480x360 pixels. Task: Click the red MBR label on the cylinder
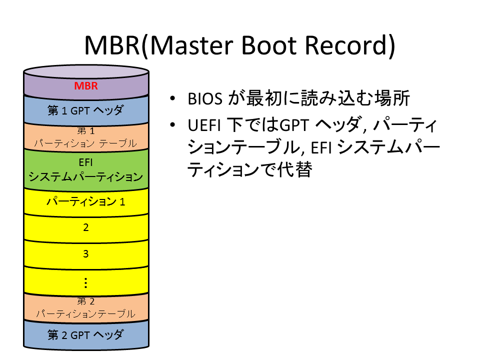point(86,85)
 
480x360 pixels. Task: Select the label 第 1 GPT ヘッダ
point(85,110)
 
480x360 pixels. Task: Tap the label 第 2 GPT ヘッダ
point(85,335)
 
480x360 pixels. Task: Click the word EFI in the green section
point(85,162)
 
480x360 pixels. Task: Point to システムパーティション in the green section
point(85,176)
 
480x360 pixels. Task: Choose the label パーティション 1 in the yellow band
point(85,201)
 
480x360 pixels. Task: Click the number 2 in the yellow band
point(85,227)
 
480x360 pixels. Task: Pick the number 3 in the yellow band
point(85,254)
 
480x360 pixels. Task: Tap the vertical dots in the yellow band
point(85,283)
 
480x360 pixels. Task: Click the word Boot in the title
point(269,45)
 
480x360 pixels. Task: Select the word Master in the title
point(191,45)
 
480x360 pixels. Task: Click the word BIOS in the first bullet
point(205,98)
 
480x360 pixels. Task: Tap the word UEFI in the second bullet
point(204,125)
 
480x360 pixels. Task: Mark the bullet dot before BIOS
point(172,98)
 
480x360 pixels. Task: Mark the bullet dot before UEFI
point(172,124)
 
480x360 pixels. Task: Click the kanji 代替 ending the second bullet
point(295,169)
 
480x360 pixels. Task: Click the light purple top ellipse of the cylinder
point(86,72)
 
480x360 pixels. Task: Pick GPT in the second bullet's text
point(294,125)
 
